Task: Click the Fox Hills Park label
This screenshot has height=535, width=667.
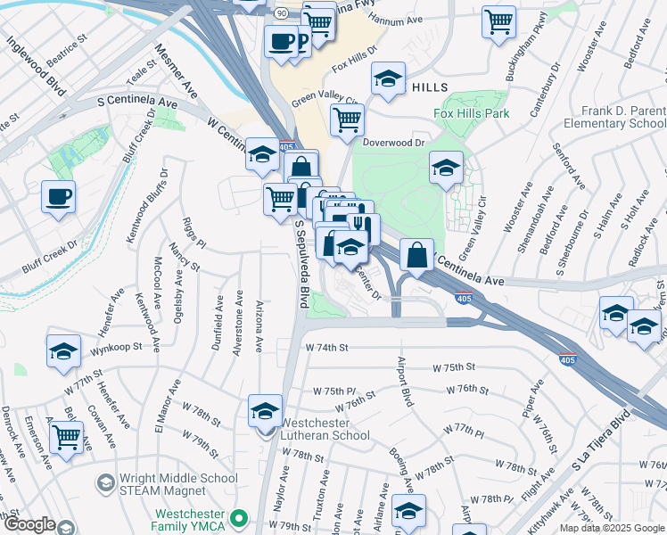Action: (471, 113)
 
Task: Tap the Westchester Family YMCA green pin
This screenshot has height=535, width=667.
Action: (238, 518)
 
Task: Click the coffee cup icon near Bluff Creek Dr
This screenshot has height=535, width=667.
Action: (59, 198)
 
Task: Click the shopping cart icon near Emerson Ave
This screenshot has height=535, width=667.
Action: (66, 439)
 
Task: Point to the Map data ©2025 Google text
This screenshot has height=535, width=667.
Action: (611, 528)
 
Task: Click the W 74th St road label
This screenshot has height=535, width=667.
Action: (325, 347)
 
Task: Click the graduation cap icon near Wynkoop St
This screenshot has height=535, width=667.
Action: (63, 352)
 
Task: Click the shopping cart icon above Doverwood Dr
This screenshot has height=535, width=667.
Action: (347, 119)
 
